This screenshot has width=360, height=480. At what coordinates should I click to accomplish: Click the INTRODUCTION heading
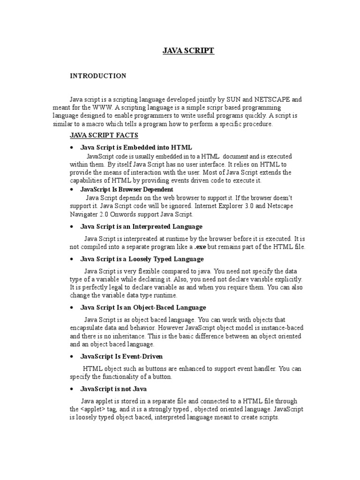tap(98, 76)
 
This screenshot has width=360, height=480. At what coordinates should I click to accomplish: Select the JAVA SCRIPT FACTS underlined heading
tap(104, 135)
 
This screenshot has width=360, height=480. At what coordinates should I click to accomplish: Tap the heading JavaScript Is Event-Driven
tap(121, 357)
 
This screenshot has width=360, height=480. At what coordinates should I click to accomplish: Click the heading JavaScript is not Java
tap(113, 389)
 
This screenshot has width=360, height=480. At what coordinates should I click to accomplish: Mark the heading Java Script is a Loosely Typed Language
tap(142, 259)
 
